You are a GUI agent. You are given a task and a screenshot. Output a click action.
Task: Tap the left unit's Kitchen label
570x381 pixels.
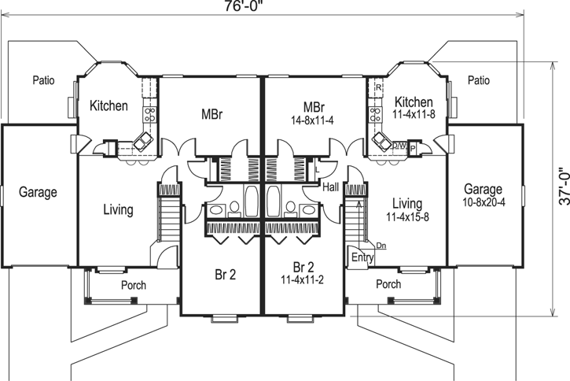pos(108,105)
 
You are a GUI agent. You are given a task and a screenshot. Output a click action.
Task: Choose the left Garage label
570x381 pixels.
pos(38,191)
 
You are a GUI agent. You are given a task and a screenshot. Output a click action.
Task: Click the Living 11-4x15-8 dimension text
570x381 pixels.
pos(412,216)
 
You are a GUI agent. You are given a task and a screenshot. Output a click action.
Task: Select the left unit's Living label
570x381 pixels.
pos(118,210)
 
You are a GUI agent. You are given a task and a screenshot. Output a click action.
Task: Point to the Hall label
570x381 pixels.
pos(331,187)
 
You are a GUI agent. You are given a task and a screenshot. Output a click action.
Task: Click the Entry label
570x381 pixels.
pos(362,257)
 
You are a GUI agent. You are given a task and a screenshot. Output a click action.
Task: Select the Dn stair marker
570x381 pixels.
pos(381,246)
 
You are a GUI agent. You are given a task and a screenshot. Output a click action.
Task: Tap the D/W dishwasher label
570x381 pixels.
pos(399,146)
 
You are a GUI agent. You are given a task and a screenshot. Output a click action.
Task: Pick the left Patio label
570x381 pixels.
pos(44,80)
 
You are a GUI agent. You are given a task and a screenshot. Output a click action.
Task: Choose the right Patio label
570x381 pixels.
pos(479,80)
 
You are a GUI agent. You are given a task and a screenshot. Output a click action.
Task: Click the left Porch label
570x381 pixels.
pos(133,285)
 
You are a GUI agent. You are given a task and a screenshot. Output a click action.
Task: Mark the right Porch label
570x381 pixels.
pos(388,284)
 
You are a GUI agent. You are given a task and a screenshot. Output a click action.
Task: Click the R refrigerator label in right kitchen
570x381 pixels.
pos(378,87)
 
